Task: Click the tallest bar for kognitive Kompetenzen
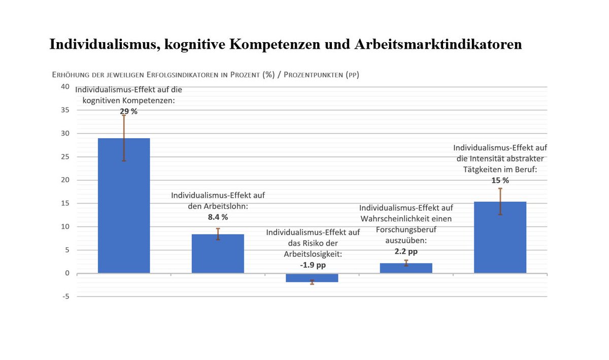pyautogui.click(x=124, y=206)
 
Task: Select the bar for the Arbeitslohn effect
pyautogui.click(x=218, y=253)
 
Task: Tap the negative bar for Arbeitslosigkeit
pyautogui.click(x=312, y=278)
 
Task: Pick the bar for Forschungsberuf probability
pyautogui.click(x=406, y=268)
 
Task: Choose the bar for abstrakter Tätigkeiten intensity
pyautogui.click(x=500, y=237)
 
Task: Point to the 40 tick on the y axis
pyautogui.click(x=65, y=87)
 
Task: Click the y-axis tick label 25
pyautogui.click(x=65, y=157)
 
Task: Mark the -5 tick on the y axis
pyautogui.click(x=66, y=297)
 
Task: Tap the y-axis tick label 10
pyautogui.click(x=65, y=226)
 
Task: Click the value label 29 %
pyautogui.click(x=128, y=111)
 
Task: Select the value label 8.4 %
pyautogui.click(x=218, y=217)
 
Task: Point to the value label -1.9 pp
pyautogui.click(x=312, y=265)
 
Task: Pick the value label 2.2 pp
pyautogui.click(x=406, y=251)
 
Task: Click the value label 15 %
pyautogui.click(x=500, y=180)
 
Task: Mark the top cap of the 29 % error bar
pyautogui.click(x=124, y=115)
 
